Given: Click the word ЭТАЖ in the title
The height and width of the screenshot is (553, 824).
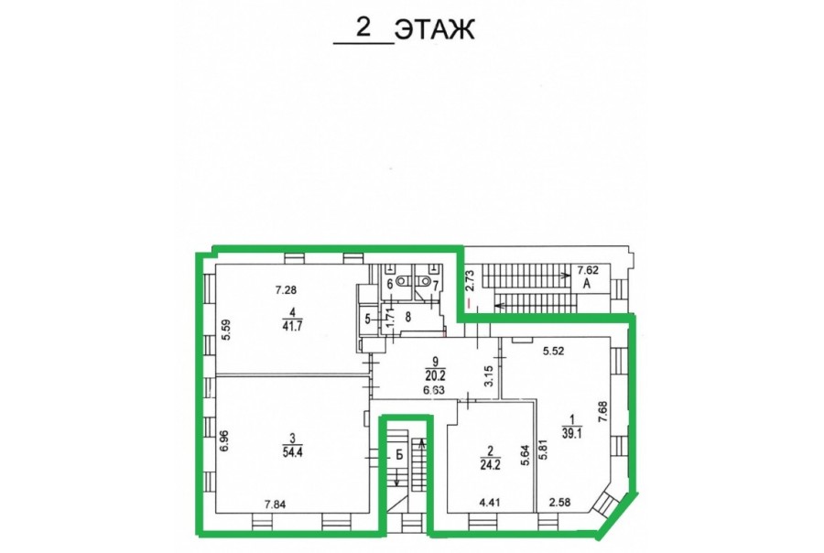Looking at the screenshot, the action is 434,29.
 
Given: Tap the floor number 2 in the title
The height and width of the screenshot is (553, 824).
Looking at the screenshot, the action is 363,27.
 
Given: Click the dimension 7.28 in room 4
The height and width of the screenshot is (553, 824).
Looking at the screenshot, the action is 287,289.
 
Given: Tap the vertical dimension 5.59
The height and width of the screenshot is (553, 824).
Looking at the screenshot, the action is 226,331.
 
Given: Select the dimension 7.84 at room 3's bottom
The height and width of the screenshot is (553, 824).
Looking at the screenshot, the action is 276,504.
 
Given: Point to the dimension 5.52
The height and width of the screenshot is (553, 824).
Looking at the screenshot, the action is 553,352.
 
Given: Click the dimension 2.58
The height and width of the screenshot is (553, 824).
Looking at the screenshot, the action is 559,503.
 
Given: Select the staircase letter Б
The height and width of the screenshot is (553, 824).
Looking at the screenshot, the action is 399,455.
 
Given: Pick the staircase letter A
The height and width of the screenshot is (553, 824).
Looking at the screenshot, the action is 587,285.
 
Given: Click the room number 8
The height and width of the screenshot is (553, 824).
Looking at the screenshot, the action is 407,318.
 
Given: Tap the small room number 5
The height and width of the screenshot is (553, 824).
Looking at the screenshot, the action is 367,318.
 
